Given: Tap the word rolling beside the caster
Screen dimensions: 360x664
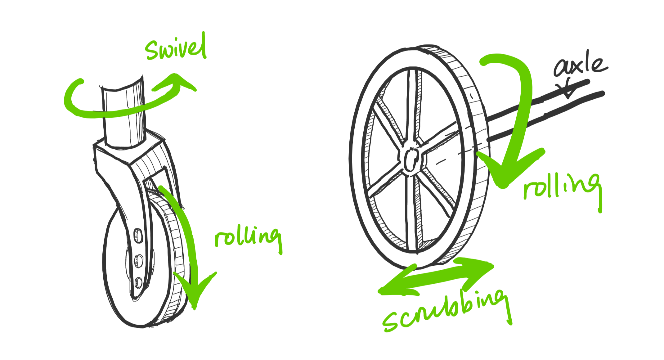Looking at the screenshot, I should [x=248, y=237].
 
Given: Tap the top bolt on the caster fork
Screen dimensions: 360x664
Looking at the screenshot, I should [x=138, y=236].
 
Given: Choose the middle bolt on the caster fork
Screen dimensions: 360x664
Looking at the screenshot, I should [x=139, y=260].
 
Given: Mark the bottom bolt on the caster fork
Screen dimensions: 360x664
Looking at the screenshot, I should [x=138, y=282].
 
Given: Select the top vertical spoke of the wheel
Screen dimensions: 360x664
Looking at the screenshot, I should [x=413, y=106].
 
